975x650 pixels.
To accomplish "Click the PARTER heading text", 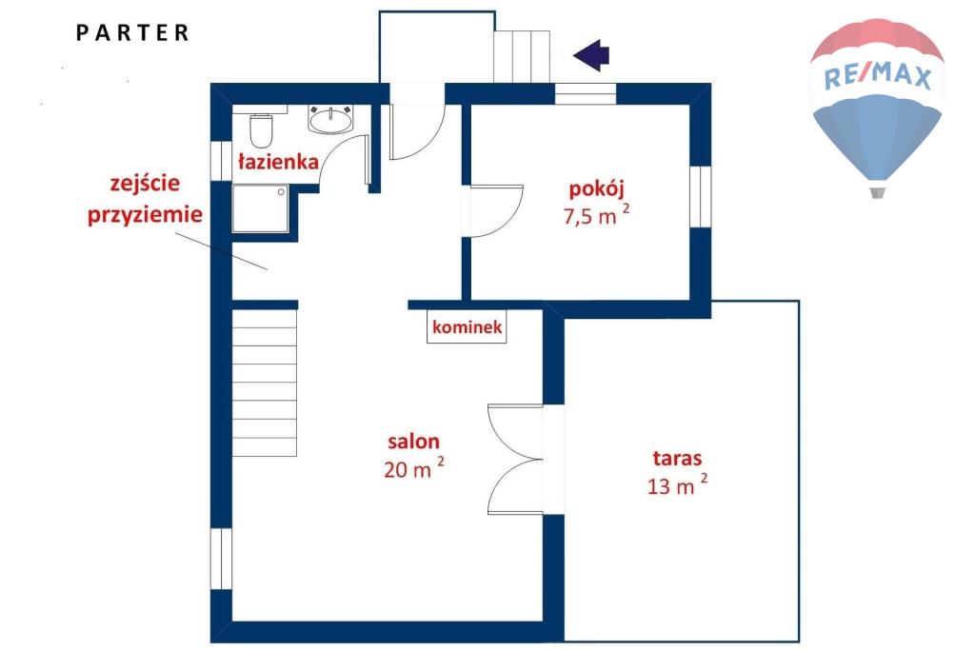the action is [x=132, y=33].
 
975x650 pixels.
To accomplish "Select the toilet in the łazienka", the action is [x=261, y=128].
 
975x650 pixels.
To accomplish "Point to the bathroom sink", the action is [x=330, y=119].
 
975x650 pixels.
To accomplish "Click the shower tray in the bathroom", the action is [x=261, y=208].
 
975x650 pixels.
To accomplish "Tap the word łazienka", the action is [x=279, y=162].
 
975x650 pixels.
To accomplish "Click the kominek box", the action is [x=467, y=326].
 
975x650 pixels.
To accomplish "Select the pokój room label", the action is [x=596, y=189].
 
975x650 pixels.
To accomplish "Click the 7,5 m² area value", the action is [x=596, y=216].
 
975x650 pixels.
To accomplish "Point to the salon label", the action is [x=413, y=442].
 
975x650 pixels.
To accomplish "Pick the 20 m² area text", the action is [x=414, y=468].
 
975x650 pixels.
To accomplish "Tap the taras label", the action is [x=677, y=459].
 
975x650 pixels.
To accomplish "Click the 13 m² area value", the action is [x=677, y=484].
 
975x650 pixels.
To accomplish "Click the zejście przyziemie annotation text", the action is [x=145, y=199].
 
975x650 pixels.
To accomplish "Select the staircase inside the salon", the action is [x=265, y=384].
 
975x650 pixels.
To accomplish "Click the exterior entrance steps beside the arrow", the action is [x=523, y=56].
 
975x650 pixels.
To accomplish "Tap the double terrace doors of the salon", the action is [x=516, y=460].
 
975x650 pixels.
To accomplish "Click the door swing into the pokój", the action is [x=496, y=211].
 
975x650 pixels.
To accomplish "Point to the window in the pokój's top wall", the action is [x=586, y=94].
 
